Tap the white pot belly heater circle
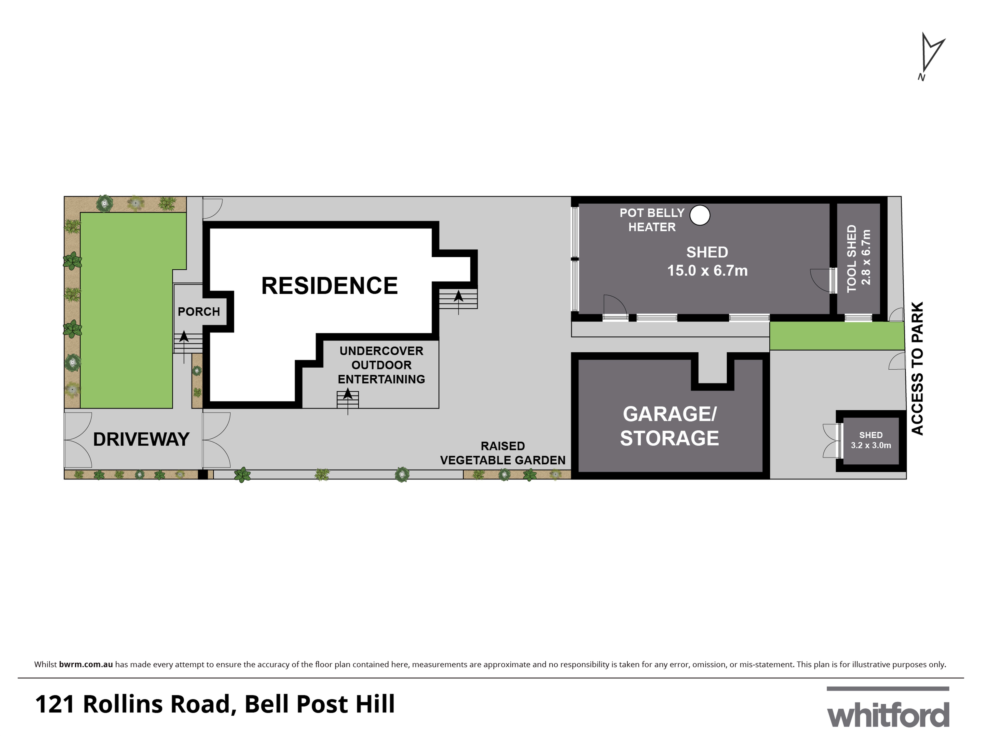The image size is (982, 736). (700, 215)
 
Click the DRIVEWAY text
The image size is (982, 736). (141, 439)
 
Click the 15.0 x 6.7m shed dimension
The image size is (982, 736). (707, 271)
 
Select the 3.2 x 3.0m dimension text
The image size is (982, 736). (871, 446)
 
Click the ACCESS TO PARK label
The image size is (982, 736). (917, 368)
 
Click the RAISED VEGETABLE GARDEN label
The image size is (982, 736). (503, 453)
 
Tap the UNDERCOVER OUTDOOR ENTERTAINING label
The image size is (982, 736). (381, 365)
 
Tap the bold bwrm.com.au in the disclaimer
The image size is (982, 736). (86, 664)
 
